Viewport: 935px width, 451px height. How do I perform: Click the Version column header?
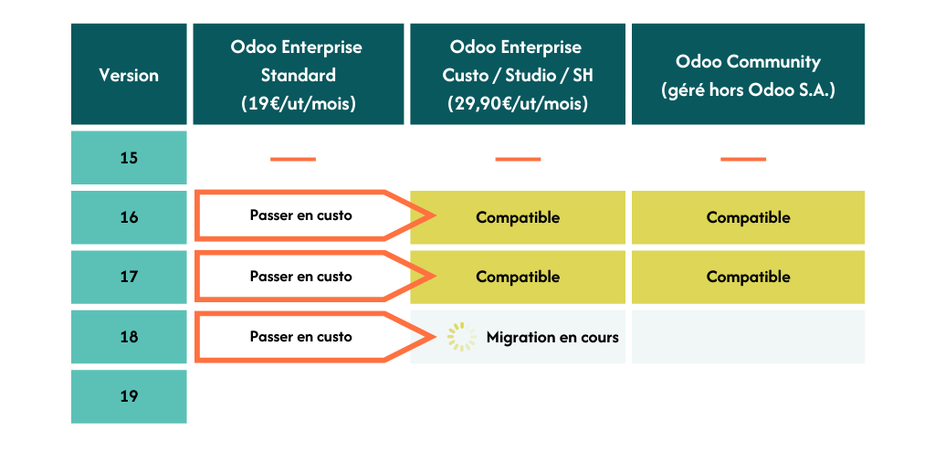129,74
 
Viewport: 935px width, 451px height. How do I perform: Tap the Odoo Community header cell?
748,74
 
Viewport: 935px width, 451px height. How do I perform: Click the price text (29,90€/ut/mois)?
518,104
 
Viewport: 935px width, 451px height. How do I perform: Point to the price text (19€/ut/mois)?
299,104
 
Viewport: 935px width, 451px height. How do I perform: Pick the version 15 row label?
129,158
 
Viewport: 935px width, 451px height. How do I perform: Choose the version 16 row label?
129,217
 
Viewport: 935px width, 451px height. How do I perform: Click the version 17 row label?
129,277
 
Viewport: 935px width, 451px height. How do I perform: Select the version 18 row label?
129,337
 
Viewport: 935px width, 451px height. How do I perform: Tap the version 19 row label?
129,396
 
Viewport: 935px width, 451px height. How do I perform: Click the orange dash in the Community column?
743,159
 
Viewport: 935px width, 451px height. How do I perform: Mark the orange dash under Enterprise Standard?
293,159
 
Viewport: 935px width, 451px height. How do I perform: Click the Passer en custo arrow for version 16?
315,215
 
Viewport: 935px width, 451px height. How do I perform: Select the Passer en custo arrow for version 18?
315,337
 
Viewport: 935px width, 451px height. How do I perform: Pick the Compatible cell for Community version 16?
748,217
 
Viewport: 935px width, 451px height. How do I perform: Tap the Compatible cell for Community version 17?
748,277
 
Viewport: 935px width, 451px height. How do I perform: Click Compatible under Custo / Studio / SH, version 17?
518,277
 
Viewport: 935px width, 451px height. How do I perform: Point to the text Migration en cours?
552,337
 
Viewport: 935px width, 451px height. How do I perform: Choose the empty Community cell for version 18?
748,337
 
